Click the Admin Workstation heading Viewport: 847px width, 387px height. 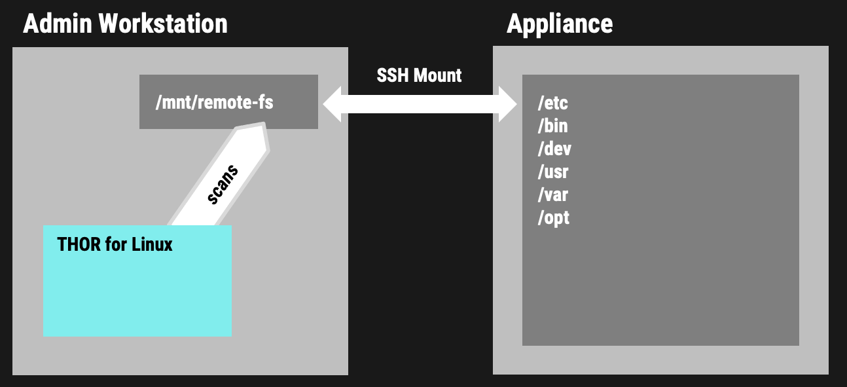click(125, 24)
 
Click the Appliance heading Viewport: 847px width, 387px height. click(560, 24)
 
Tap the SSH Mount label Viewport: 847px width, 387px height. click(419, 75)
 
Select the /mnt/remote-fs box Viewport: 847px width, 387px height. click(228, 101)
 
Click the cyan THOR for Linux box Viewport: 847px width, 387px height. click(137, 281)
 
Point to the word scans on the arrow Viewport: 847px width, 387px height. click(223, 185)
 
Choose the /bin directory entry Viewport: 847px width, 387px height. click(552, 126)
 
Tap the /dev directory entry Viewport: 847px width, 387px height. click(554, 149)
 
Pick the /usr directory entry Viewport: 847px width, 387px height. click(552, 172)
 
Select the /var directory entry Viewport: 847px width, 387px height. click(552, 194)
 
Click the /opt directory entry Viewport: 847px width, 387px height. click(553, 217)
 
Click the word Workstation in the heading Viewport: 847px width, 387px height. click(163, 24)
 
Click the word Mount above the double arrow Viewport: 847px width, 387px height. click(439, 75)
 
